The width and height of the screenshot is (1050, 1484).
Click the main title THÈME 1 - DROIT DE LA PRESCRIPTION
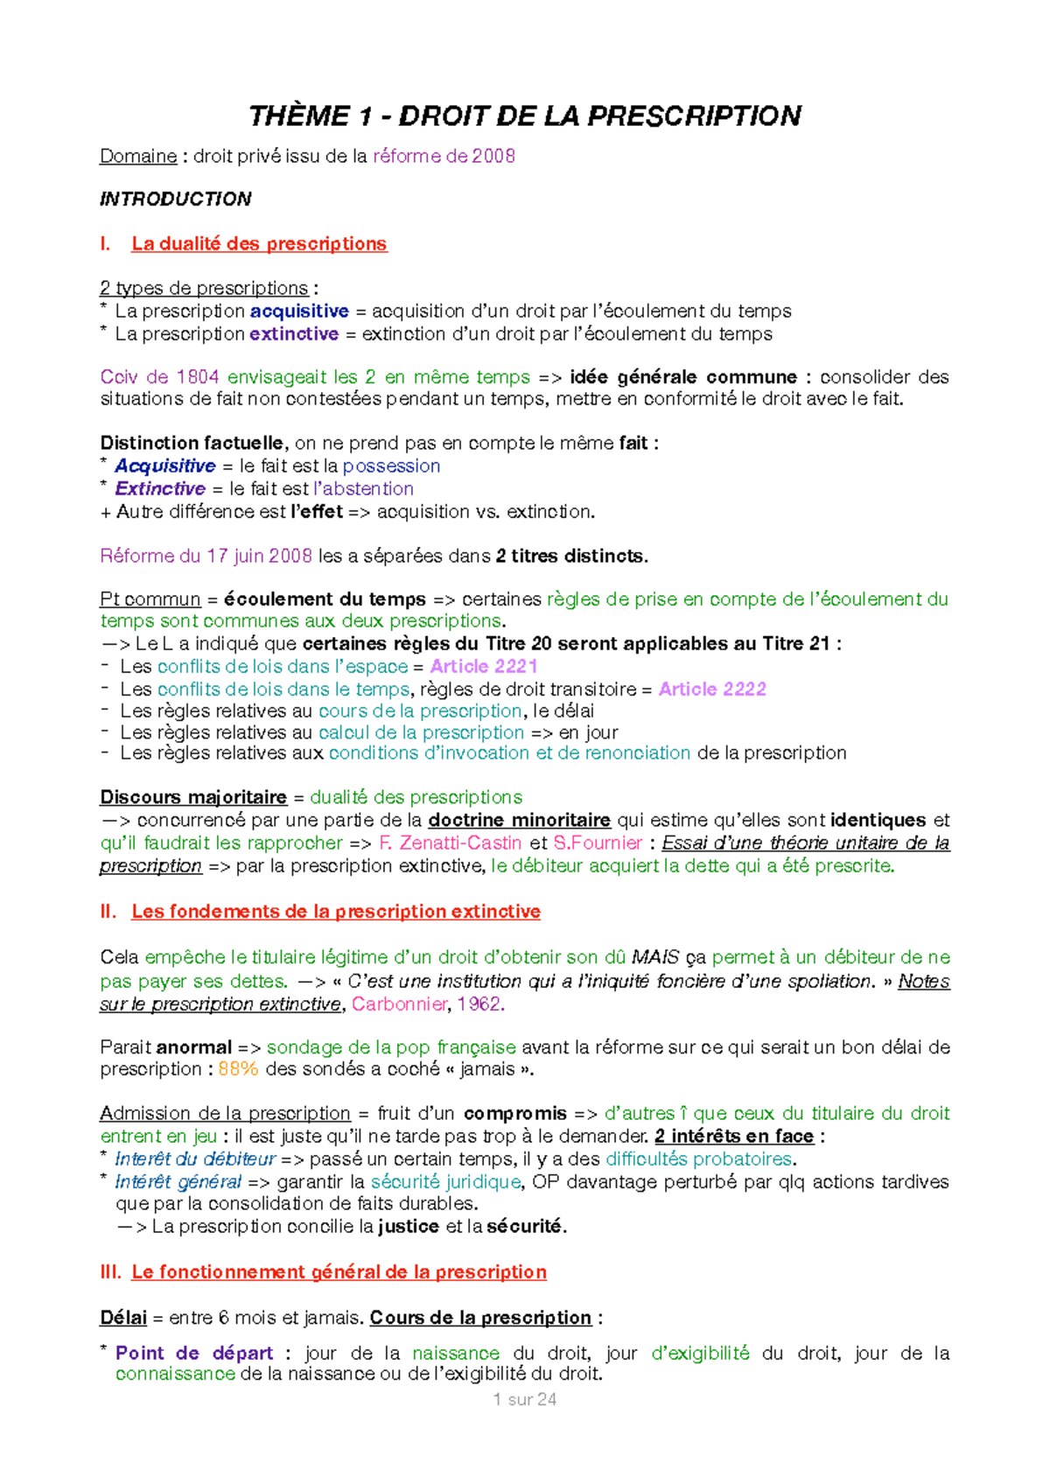[x=525, y=115]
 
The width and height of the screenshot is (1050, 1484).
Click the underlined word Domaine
[x=138, y=157]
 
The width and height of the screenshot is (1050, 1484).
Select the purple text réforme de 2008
[x=444, y=157]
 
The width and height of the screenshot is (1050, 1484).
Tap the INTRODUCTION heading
[x=176, y=199]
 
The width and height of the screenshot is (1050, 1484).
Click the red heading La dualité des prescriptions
[x=259, y=244]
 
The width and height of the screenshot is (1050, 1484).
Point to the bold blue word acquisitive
[x=299, y=311]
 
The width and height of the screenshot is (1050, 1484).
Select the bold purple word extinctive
[x=294, y=334]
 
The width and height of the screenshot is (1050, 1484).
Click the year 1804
[x=197, y=377]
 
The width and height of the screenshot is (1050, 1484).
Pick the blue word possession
[x=391, y=466]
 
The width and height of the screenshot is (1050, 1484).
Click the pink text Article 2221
[x=484, y=667]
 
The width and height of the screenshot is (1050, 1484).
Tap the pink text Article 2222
[x=712, y=689]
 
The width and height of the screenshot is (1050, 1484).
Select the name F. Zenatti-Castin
[x=450, y=843]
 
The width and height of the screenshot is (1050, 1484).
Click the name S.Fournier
[x=598, y=843]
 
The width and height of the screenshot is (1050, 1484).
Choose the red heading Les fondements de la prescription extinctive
[x=336, y=912]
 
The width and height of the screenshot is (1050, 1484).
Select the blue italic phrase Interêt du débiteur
[x=195, y=1159]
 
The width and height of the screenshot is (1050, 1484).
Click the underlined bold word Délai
[x=123, y=1318]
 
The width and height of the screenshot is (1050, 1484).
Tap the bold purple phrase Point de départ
[x=194, y=1354]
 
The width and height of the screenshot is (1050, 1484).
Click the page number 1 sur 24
[x=525, y=1400]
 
